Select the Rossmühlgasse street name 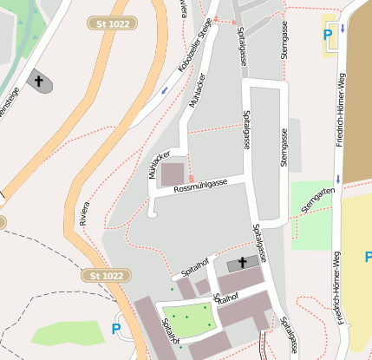click(200, 185)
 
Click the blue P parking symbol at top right click(328, 36)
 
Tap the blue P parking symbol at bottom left click(116, 329)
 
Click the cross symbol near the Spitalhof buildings click(242, 263)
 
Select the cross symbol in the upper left click(39, 81)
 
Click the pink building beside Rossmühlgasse click(173, 173)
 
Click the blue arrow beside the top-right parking click(343, 29)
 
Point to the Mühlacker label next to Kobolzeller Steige click(197, 89)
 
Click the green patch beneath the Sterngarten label click(310, 227)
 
